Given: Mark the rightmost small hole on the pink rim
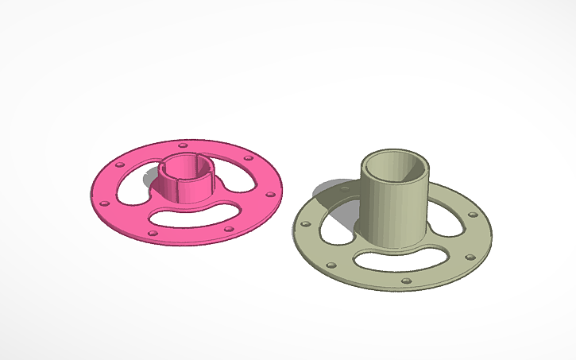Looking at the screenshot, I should [x=270, y=193].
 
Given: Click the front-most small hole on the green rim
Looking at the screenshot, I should [x=407, y=281].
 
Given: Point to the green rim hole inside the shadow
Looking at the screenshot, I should [x=343, y=191].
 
